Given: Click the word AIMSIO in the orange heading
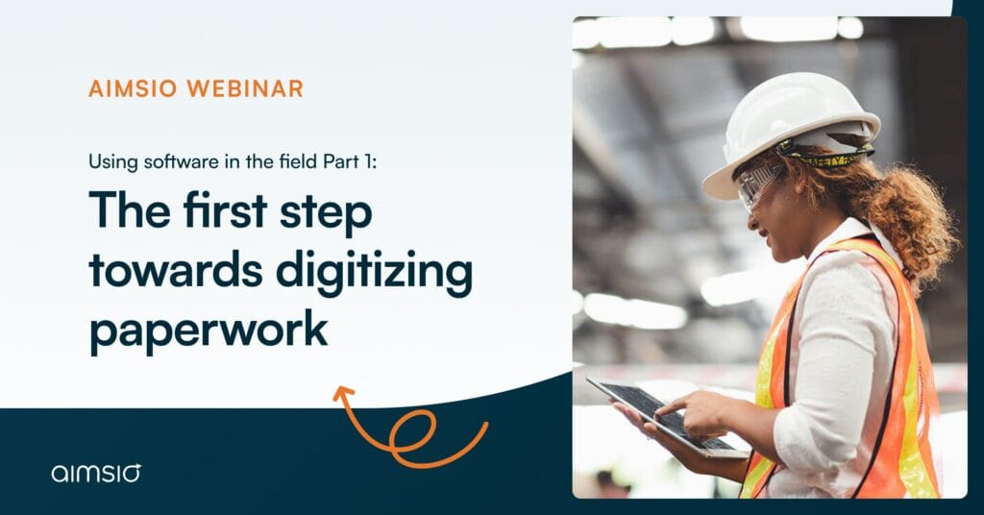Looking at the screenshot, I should click(134, 89).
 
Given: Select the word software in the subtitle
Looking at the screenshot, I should click(175, 161).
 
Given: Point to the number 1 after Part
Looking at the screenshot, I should click(371, 161).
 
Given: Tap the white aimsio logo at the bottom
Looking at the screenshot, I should click(97, 472).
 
